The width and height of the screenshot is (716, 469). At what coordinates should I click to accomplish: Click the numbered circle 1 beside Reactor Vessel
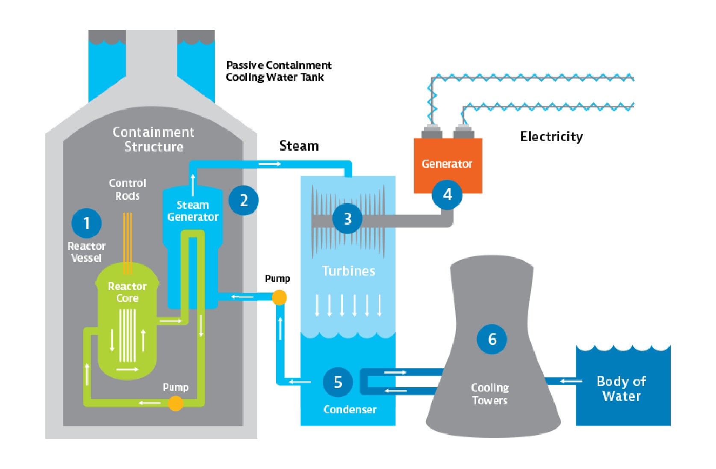[86, 223]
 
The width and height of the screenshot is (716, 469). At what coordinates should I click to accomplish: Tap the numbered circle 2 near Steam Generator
[244, 200]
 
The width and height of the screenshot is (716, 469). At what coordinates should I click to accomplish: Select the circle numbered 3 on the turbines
[348, 219]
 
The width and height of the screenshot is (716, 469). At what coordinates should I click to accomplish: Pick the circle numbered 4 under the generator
[447, 195]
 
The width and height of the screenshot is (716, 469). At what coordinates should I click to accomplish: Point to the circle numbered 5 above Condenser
[338, 382]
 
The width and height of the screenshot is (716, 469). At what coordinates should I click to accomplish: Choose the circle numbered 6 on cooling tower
[492, 339]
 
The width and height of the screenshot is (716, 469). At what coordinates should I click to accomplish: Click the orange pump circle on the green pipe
[175, 403]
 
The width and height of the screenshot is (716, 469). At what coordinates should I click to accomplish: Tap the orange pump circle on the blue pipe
[279, 297]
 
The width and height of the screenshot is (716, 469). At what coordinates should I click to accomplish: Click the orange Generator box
[447, 164]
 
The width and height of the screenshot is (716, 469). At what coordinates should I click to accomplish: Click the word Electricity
[551, 137]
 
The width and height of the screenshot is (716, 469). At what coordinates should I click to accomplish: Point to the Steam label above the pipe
[299, 146]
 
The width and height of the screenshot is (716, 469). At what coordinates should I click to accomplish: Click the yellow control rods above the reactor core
[127, 242]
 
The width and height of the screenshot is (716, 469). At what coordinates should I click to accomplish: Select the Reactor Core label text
[127, 292]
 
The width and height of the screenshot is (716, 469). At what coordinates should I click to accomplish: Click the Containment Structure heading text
[153, 139]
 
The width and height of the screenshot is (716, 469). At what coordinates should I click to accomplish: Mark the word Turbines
[348, 271]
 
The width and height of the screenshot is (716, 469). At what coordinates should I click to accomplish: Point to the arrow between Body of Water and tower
[571, 381]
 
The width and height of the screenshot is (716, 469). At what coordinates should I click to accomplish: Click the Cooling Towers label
[490, 394]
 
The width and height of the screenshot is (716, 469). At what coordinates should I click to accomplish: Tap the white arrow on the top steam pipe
[270, 164]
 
